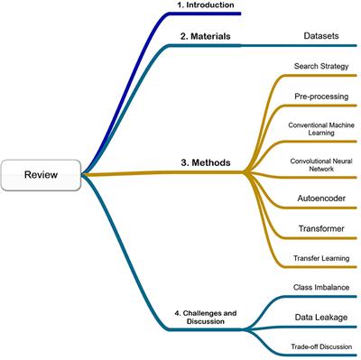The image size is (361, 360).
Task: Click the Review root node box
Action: coord(42,175)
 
